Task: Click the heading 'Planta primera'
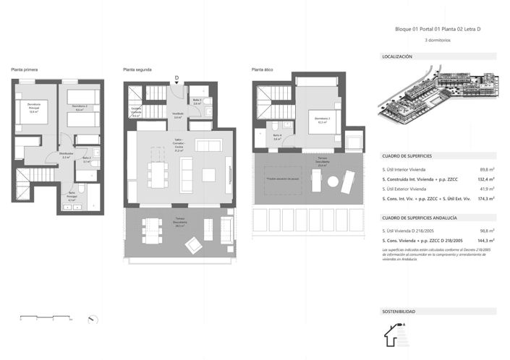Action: [24, 69]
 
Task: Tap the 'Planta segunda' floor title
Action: [137, 69]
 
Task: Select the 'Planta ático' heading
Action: [262, 69]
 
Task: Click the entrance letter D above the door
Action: [177, 77]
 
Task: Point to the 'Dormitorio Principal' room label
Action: [33, 109]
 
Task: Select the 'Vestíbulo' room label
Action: [177, 115]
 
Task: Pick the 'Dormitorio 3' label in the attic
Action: [322, 120]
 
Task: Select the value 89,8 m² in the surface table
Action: [486, 168]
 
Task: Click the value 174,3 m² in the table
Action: [485, 197]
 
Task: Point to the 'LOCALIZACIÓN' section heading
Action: [397, 56]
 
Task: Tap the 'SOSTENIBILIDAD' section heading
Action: [399, 312]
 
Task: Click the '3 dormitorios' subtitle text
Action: [438, 40]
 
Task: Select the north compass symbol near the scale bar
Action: [90, 319]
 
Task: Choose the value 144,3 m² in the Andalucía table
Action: [485, 240]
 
